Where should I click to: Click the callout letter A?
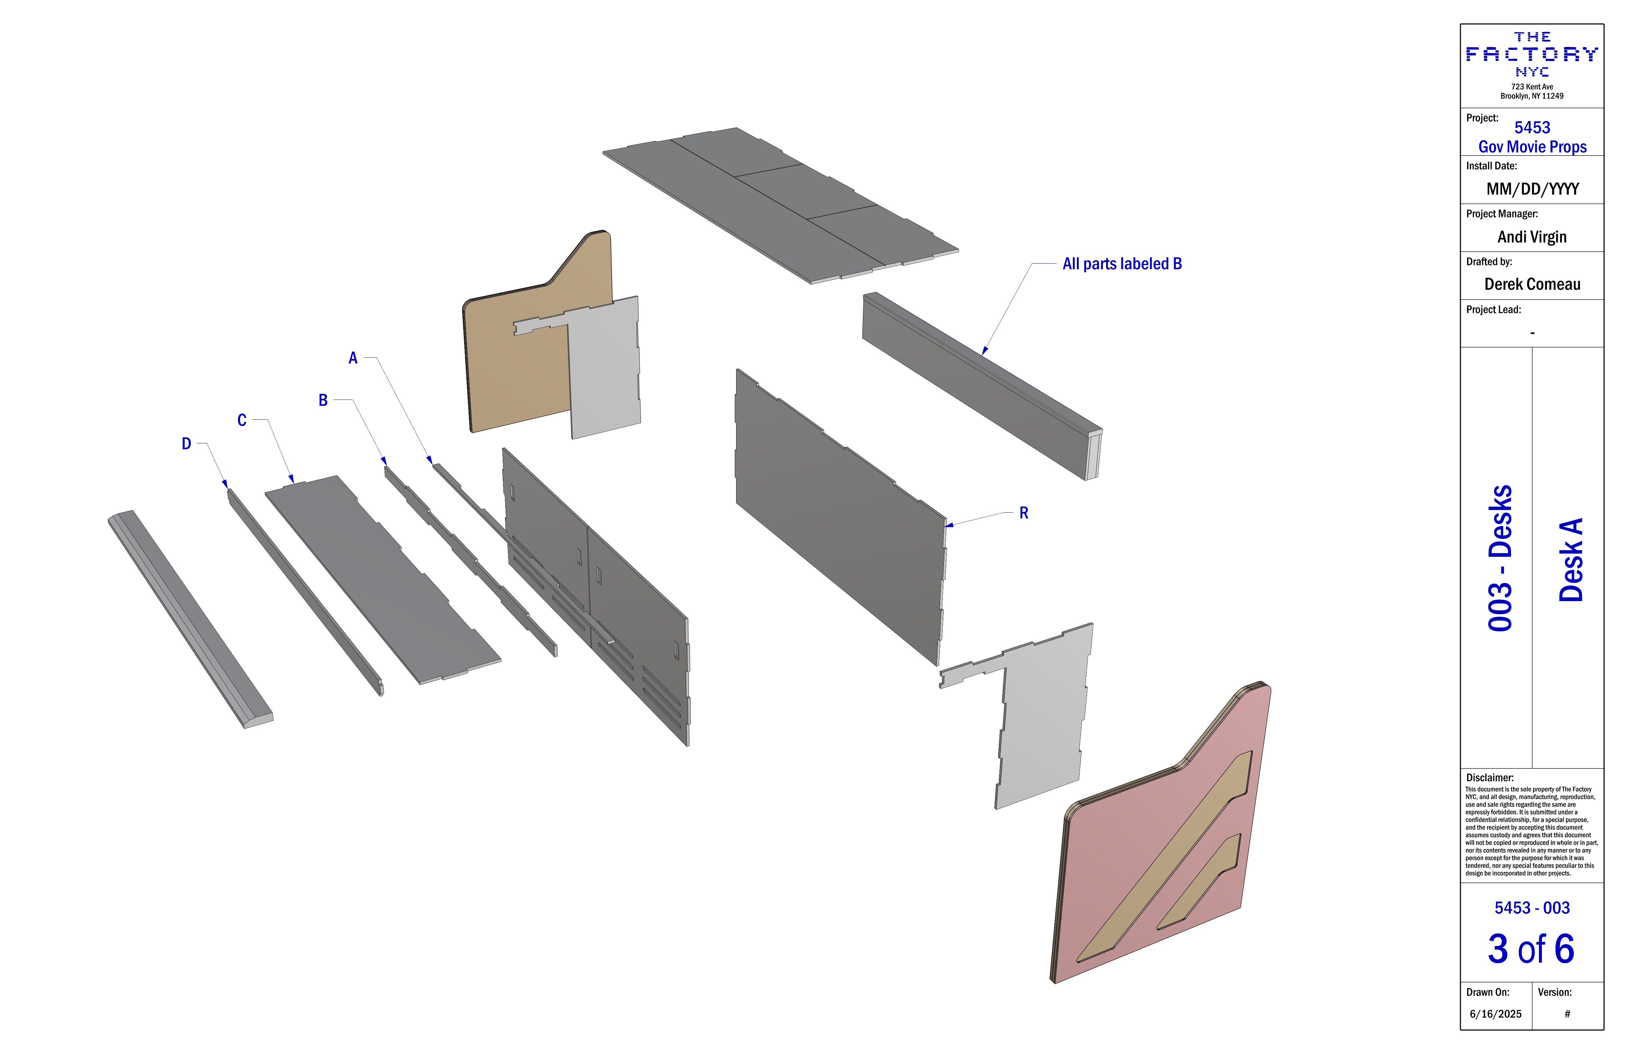353,358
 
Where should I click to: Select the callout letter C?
241,420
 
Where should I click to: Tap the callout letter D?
186,444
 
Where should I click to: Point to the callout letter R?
1023,513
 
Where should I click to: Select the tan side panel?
527,335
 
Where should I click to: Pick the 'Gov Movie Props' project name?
1532,147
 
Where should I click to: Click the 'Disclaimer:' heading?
1490,777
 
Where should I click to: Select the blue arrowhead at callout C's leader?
291,478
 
